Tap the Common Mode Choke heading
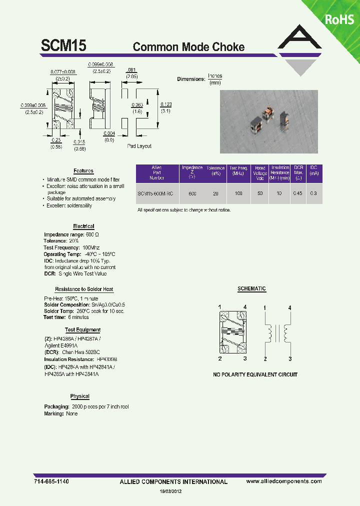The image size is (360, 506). [x=188, y=47]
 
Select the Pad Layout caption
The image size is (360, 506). [x=139, y=146]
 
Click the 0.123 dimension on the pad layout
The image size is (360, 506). [x=165, y=104]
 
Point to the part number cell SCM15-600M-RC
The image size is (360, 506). [x=155, y=193]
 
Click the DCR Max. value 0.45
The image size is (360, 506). [x=298, y=193]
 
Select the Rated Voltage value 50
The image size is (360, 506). [x=260, y=193]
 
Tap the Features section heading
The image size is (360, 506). [x=83, y=171]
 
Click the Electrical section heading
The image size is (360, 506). [x=83, y=226]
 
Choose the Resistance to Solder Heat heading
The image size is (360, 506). [x=83, y=289]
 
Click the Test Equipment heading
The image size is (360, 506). [x=82, y=330]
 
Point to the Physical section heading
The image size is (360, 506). [x=79, y=396]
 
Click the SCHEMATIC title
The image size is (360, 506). [x=251, y=289]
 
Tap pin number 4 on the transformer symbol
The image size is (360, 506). [x=290, y=308]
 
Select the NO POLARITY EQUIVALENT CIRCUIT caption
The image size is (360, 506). [x=255, y=374]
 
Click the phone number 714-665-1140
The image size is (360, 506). [x=52, y=481]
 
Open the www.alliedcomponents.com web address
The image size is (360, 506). [x=284, y=481]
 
